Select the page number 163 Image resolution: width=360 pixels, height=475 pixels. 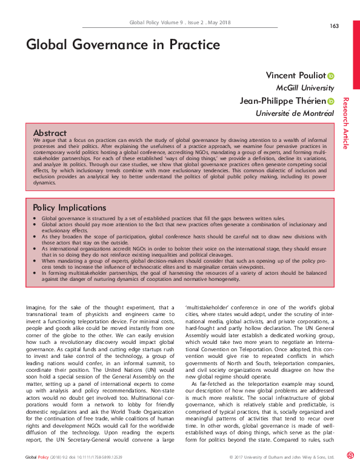(x=334, y=25)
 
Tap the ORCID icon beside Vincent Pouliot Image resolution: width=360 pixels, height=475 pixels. (x=331, y=76)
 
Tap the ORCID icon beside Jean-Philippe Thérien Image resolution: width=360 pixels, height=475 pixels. (x=331, y=102)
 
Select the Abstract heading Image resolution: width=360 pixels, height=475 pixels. (x=50, y=132)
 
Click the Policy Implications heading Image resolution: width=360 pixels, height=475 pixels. (x=70, y=207)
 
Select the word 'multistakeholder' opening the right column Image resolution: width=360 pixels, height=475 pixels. (x=207, y=308)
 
